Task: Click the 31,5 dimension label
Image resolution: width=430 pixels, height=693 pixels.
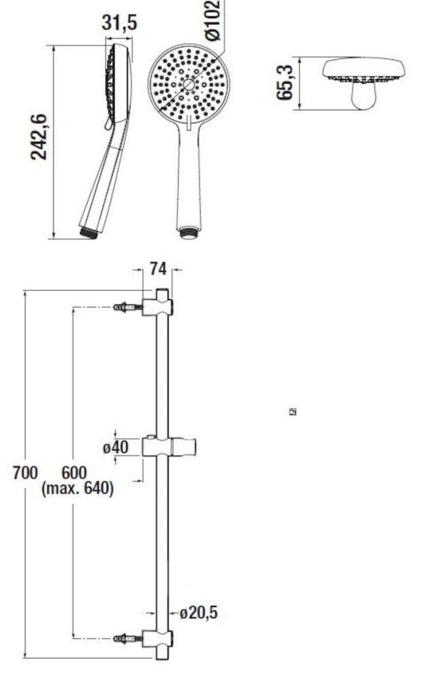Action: [x=119, y=22]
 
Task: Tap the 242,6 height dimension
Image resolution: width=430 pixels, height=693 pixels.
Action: [x=39, y=137]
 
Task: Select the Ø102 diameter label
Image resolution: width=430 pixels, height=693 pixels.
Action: [x=213, y=20]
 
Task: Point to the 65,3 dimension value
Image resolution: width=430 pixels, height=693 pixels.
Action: [x=285, y=83]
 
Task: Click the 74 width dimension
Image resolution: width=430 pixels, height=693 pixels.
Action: [x=158, y=268]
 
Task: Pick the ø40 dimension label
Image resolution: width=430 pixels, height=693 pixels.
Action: [x=116, y=447]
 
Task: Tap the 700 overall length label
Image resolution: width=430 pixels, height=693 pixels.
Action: [x=25, y=473]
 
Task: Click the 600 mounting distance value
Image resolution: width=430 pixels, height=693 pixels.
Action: [x=74, y=472]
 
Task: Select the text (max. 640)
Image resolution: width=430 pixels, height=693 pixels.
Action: [x=77, y=489]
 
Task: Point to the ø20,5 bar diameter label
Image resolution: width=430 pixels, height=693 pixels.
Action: [x=198, y=612]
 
